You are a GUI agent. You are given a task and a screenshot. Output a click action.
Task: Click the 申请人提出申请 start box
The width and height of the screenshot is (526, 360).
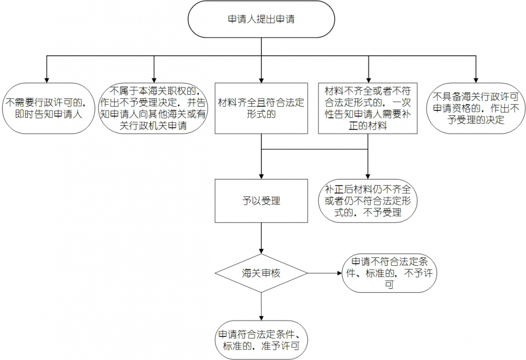[261, 19]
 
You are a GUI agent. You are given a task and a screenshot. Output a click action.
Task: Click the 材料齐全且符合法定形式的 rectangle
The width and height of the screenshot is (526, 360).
[261, 108]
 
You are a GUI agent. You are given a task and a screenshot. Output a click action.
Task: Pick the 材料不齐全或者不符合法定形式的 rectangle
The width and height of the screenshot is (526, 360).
[368, 108]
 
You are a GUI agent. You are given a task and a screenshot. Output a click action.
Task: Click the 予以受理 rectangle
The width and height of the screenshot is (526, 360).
[261, 201]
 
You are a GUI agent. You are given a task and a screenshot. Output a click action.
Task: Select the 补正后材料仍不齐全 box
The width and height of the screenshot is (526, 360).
[368, 201]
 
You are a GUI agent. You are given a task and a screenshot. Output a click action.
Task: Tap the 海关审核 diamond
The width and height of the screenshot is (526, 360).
[261, 273]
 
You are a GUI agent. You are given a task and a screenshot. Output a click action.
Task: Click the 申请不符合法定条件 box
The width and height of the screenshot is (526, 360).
[389, 273]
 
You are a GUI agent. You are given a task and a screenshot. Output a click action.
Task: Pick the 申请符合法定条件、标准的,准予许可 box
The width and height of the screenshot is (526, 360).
[261, 340]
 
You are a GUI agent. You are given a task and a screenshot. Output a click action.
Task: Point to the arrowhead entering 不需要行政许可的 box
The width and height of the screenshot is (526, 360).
[46, 79]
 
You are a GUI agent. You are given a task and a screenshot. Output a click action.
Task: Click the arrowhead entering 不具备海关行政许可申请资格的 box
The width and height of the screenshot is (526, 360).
[476, 79]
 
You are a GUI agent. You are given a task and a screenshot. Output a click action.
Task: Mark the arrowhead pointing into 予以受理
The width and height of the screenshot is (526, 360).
[261, 176]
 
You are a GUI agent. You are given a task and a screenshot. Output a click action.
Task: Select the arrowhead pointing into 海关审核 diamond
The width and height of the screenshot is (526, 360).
[261, 252]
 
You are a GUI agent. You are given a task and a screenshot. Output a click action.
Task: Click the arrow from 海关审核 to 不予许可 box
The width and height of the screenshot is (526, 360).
[323, 273]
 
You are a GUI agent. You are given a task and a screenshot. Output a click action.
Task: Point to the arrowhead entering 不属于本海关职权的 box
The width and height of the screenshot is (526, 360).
[154, 79]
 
